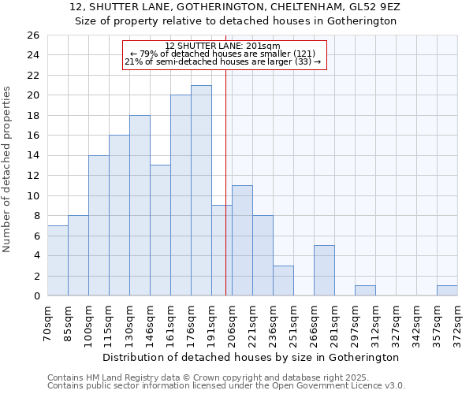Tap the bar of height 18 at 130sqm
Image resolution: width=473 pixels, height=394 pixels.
pyautogui.click(x=140, y=206)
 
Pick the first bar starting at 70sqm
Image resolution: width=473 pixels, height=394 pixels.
pyautogui.click(x=58, y=261)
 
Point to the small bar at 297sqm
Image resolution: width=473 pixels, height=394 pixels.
pyautogui.click(x=365, y=291)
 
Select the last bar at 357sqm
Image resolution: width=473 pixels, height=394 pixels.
pyautogui.click(x=447, y=291)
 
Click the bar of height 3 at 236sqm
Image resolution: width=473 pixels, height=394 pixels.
pyautogui.click(x=283, y=281)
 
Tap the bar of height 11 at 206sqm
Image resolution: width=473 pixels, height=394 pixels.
pyautogui.click(x=242, y=240)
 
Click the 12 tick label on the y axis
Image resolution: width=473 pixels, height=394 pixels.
pyautogui.click(x=32, y=176)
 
